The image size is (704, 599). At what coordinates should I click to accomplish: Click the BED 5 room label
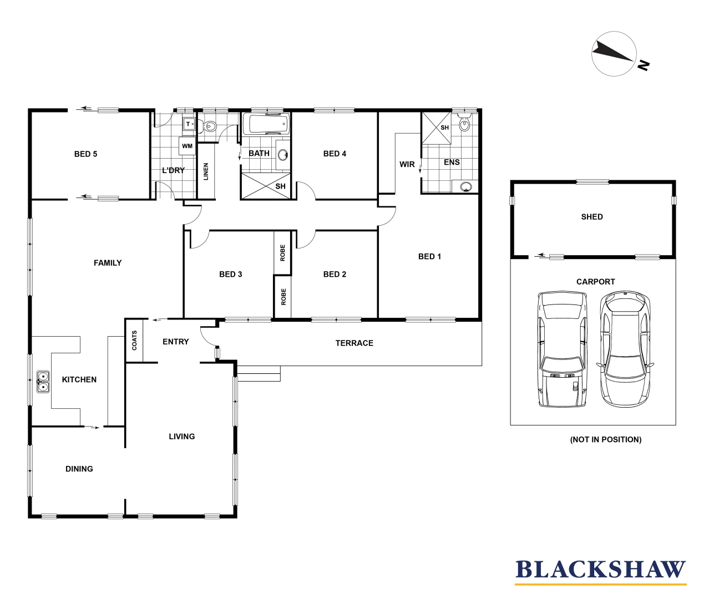click(x=85, y=154)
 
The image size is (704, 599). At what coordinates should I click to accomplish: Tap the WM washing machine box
click(x=188, y=146)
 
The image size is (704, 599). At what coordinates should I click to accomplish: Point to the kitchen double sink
click(x=42, y=382)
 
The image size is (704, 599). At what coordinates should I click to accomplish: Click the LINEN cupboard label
click(x=206, y=171)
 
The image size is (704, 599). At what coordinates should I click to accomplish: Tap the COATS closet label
click(x=134, y=341)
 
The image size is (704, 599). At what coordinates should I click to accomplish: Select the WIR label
click(x=407, y=164)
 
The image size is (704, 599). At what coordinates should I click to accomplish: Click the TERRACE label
click(x=354, y=343)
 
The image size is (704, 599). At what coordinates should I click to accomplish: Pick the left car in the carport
click(x=562, y=349)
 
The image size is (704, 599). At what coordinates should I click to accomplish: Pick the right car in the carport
click(x=625, y=349)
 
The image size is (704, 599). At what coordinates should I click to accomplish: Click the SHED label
click(x=592, y=217)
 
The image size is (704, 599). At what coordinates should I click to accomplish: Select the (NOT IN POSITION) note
click(x=605, y=439)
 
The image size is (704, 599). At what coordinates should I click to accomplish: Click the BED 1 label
click(x=429, y=256)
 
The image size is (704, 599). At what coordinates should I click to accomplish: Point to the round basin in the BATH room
click(x=283, y=155)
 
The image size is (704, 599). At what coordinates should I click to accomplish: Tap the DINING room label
click(x=79, y=469)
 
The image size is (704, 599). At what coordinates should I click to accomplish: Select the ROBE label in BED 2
click(x=283, y=297)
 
